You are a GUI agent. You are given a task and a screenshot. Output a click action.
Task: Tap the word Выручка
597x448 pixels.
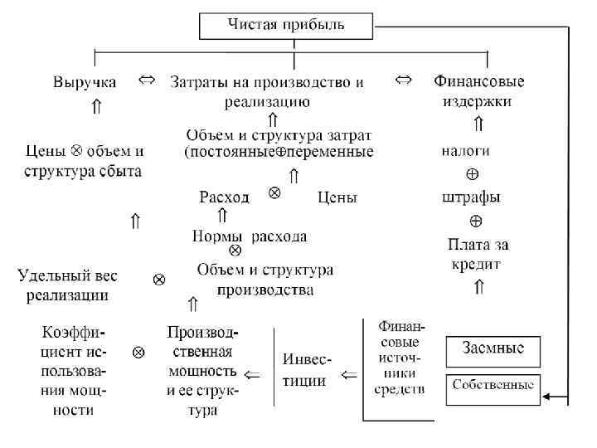point(85,82)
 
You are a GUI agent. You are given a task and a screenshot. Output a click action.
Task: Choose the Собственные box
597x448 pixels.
point(493,387)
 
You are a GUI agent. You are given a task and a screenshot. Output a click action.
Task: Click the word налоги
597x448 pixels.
point(464,151)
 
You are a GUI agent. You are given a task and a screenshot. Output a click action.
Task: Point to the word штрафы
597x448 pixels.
point(471,197)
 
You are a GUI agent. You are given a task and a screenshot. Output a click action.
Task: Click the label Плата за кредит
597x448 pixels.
point(478,254)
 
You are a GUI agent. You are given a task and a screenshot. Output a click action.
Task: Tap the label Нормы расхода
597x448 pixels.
point(249,236)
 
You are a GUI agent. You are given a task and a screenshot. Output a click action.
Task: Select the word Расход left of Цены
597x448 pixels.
point(224,197)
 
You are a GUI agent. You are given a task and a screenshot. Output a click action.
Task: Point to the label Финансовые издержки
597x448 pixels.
point(479,91)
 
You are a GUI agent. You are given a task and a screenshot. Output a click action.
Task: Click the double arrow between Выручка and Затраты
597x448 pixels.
point(145,80)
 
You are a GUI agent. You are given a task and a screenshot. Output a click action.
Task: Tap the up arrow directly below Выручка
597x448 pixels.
point(96,106)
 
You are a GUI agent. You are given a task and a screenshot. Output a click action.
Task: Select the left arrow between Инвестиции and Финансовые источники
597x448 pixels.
point(349,375)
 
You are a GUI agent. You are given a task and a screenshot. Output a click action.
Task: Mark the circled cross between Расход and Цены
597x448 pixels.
point(274,192)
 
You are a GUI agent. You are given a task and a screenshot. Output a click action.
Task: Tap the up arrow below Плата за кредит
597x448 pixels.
point(478,287)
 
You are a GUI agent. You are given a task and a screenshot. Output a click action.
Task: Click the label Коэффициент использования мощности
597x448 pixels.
point(74,370)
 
